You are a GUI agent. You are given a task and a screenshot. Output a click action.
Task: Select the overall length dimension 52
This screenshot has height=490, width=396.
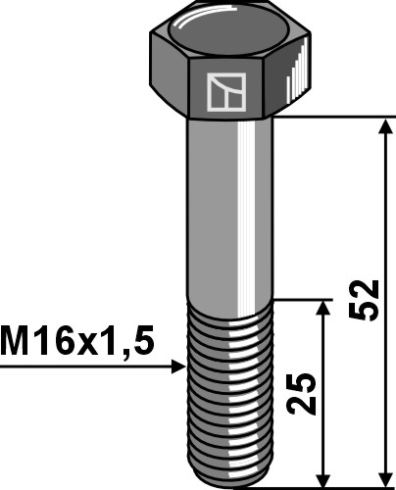(364, 300)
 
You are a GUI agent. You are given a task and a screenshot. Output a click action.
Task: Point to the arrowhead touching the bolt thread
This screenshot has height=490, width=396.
(177, 367)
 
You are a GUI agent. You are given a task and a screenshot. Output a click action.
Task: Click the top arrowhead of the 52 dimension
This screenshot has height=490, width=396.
(381, 124)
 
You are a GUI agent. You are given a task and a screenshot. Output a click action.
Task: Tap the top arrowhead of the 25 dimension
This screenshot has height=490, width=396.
(322, 307)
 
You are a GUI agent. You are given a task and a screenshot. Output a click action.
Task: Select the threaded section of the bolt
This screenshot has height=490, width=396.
(227, 392)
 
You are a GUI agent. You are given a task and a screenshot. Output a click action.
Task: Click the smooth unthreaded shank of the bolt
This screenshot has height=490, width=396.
(227, 206)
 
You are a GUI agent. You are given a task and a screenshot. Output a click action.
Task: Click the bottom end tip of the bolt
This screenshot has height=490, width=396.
(227, 479)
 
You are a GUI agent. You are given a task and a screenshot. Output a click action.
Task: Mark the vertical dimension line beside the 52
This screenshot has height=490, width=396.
(381, 216)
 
